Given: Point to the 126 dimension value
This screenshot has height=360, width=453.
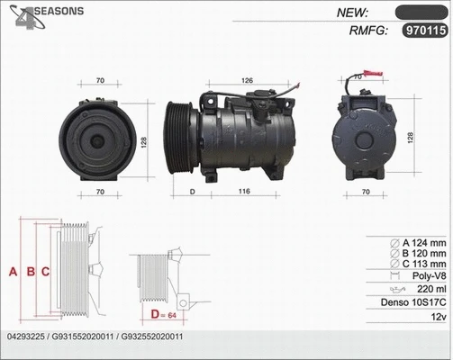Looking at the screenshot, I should pyautogui.click(x=246, y=80).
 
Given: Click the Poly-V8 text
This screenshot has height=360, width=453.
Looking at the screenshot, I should pyautogui.click(x=427, y=278).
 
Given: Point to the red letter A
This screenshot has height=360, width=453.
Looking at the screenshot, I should pyautogui.click(x=13, y=270).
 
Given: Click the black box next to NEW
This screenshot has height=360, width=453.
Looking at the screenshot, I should pyautogui.click(x=421, y=12).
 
